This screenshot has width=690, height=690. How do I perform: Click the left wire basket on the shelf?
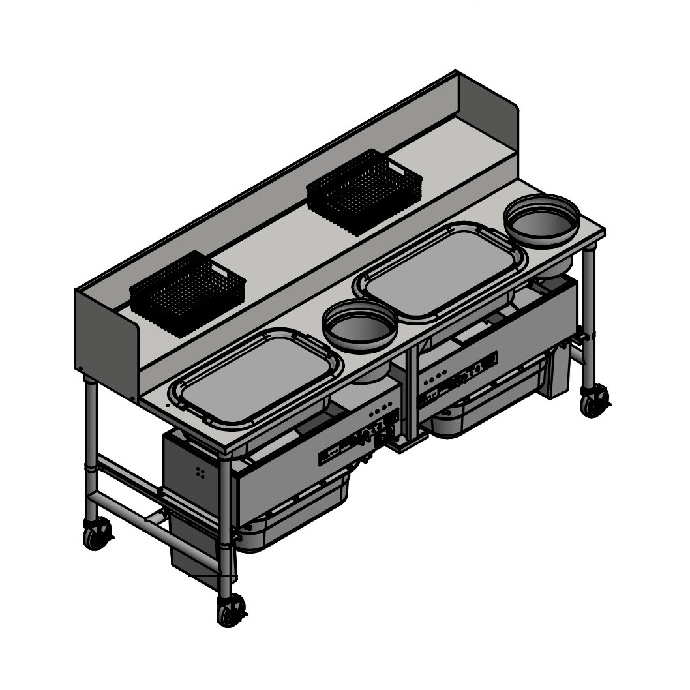[188, 293]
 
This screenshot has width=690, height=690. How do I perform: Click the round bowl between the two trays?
[360, 326]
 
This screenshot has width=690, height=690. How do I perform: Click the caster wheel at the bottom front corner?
[230, 610]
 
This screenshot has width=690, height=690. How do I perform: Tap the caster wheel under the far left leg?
[97, 535]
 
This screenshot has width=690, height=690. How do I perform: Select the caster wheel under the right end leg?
[593, 401]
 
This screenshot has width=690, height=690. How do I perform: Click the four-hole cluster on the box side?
[201, 473]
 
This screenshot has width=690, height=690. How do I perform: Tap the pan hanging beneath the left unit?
[293, 515]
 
